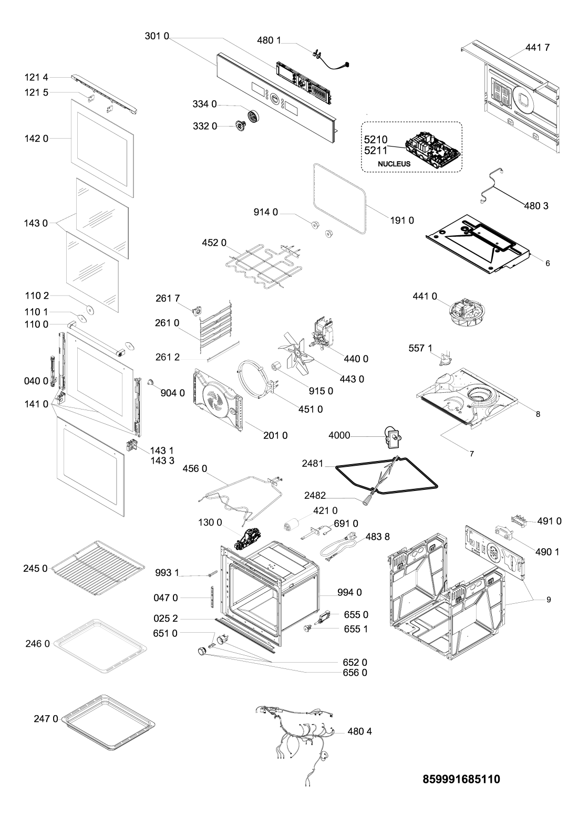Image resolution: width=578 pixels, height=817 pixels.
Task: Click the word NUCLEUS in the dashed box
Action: (394, 164)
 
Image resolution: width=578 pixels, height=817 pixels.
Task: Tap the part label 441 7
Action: (537, 47)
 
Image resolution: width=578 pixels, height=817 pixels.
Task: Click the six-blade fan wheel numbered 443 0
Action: (298, 353)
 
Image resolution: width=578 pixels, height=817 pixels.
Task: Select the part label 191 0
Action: (402, 221)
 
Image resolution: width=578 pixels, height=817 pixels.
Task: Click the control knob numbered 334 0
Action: (253, 117)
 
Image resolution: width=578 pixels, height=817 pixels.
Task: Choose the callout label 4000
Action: (339, 435)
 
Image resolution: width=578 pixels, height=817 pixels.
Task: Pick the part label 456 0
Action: (195, 468)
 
